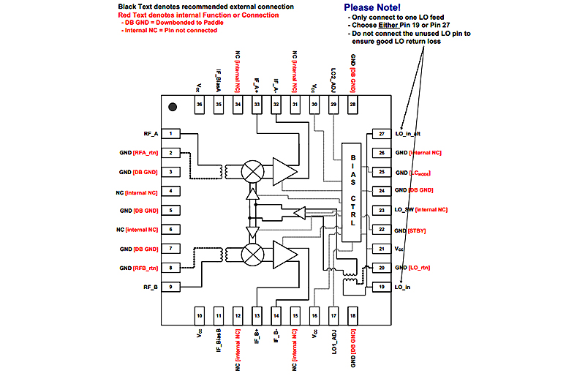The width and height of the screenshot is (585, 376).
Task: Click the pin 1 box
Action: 170,134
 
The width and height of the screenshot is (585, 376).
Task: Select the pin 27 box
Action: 381,134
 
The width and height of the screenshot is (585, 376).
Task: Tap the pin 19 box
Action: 381,287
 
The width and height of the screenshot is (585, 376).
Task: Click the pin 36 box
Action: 199,105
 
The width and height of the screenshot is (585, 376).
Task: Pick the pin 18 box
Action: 352,315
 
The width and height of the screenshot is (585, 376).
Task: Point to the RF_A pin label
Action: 151,134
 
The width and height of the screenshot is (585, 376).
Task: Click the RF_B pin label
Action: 151,287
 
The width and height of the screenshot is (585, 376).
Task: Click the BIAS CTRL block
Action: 352,192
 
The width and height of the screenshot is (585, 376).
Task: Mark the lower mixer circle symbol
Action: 253,253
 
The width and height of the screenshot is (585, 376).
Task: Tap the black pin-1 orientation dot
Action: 173,107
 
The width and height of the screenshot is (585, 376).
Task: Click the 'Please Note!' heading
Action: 374,7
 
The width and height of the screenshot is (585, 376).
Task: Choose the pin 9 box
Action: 170,287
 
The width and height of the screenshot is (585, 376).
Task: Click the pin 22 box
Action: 381,229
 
